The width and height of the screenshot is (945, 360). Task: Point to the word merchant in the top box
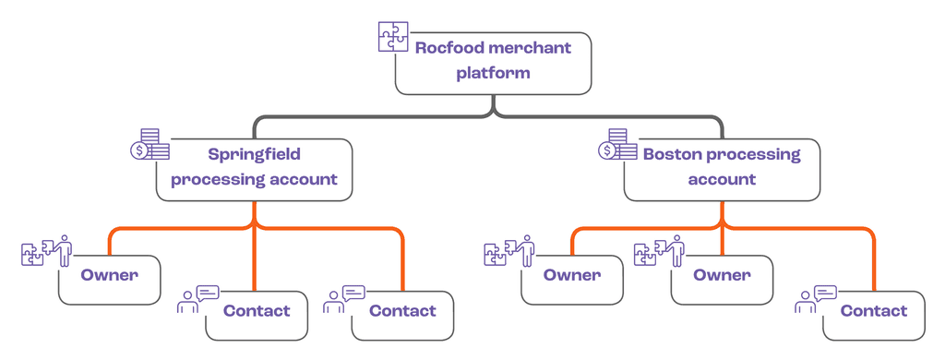point(531,48)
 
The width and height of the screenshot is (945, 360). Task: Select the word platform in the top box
point(493,73)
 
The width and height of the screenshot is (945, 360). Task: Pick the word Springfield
point(254,154)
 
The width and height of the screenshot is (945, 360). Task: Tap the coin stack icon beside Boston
point(617,144)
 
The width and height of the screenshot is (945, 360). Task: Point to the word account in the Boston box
point(722,179)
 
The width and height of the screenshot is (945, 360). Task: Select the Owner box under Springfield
point(109,277)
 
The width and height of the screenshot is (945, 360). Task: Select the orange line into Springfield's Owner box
point(110,242)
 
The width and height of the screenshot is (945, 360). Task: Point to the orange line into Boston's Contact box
point(873,258)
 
